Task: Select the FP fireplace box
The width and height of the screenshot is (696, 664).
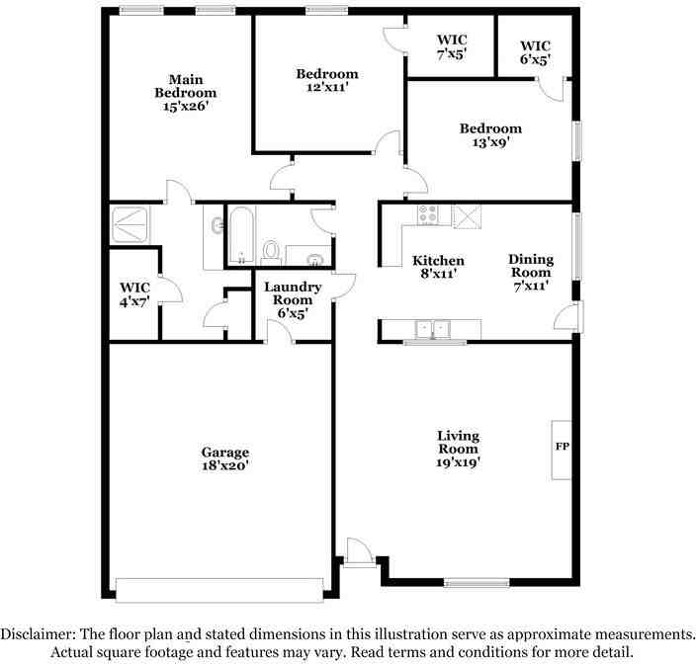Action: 562,448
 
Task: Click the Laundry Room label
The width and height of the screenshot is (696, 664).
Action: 291,299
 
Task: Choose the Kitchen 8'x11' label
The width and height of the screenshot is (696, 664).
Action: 434,267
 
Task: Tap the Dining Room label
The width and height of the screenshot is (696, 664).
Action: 531,272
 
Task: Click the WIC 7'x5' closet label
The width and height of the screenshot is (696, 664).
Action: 452,48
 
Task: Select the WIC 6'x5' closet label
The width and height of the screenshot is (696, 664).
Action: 535,52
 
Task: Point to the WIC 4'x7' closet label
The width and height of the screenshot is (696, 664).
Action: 133,294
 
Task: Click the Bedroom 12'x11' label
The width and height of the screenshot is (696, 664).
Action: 327,80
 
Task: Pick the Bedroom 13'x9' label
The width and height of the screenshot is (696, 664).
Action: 489,134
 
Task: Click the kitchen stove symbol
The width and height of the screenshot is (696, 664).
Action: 429,215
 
